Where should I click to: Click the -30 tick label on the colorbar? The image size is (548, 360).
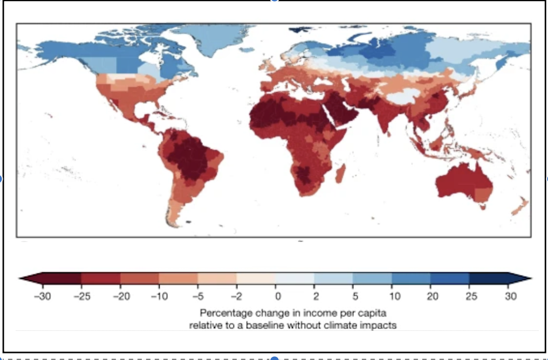point(42,296)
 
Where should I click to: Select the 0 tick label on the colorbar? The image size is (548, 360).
point(277,296)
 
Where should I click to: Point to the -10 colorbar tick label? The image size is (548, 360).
point(159,296)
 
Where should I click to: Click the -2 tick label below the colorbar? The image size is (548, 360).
point(236,296)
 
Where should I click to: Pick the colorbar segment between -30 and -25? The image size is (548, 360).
point(61,278)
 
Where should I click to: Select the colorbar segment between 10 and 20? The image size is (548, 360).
point(411,278)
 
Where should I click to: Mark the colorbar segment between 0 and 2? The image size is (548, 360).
point(295,278)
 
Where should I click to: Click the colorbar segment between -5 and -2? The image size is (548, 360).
point(217,278)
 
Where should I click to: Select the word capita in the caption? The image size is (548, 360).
point(371,313)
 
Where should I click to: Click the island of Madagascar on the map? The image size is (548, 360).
point(340,174)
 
